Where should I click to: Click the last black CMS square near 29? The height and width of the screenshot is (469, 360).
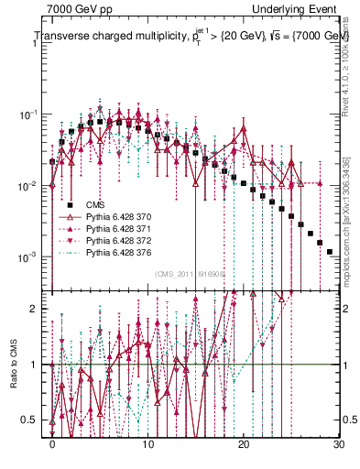329,251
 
